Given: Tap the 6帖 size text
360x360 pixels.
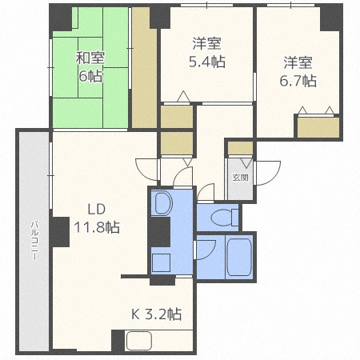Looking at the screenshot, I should [x=90, y=77].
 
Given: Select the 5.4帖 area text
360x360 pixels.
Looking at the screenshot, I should [x=207, y=62].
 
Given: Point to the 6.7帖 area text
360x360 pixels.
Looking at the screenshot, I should [x=298, y=81].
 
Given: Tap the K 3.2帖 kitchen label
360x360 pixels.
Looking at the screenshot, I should [x=157, y=314].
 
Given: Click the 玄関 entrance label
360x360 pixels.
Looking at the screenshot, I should [x=240, y=178].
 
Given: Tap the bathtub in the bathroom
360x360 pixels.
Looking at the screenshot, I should [x=239, y=258].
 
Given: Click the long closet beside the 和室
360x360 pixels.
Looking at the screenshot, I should [x=144, y=68].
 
